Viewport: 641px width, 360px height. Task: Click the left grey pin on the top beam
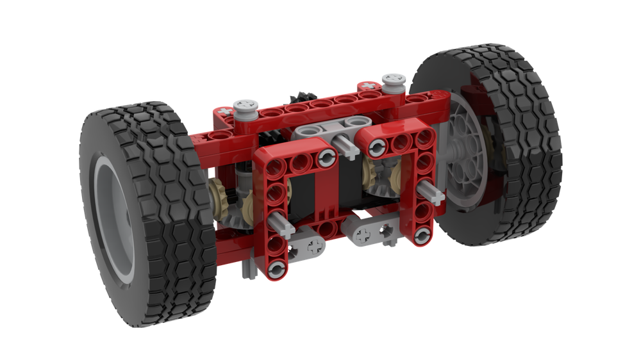tap(244, 106)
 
